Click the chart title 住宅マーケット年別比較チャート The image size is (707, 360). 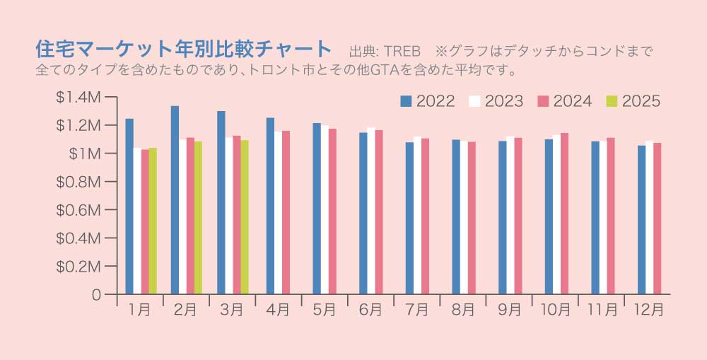[x=183, y=50]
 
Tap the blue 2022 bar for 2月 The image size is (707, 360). [x=175, y=199]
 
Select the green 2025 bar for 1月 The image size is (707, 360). [x=153, y=221]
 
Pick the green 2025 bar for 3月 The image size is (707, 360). [x=245, y=216]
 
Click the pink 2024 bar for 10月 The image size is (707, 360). [x=564, y=213]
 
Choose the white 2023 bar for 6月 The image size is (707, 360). [x=371, y=211]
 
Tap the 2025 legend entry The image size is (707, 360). [x=633, y=102]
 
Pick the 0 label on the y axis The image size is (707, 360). [x=97, y=295]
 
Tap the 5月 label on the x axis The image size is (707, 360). [x=325, y=310]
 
